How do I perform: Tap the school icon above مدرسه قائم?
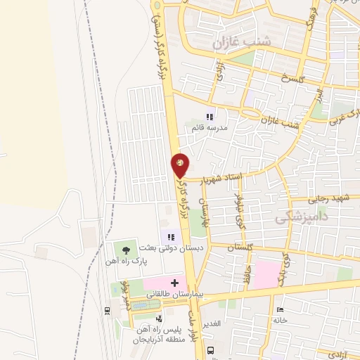click(208, 117)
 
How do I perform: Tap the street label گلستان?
click(241, 247)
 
